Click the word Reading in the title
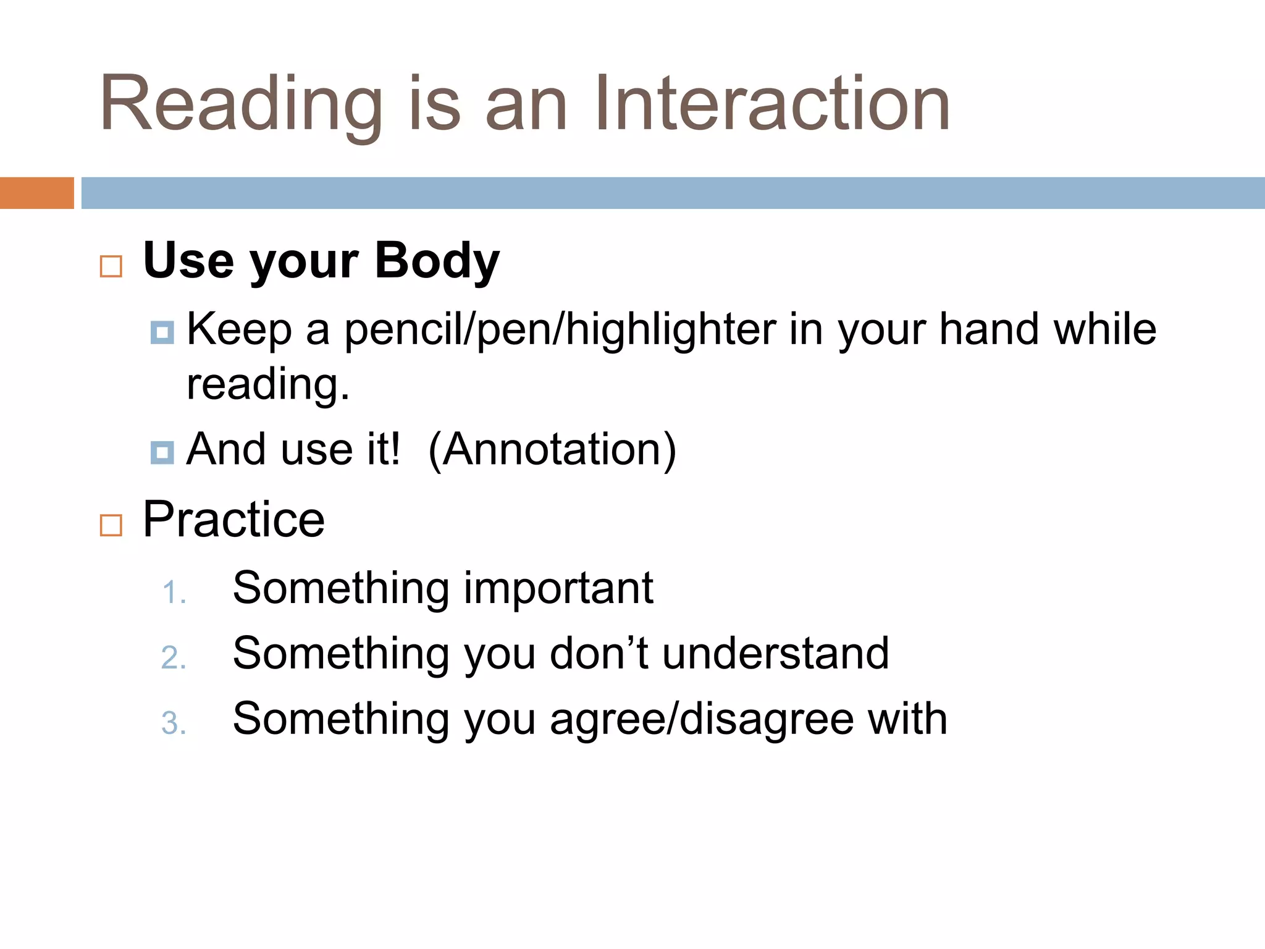(x=241, y=104)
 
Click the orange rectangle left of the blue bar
(x=36, y=193)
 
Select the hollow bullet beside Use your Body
(x=111, y=266)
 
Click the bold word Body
(x=437, y=261)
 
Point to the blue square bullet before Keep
(x=162, y=332)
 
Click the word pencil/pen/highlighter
(x=560, y=329)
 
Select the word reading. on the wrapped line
(x=268, y=384)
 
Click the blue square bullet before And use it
(x=162, y=452)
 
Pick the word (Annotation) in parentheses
(x=552, y=449)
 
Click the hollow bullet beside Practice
(x=111, y=525)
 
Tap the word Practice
(x=233, y=520)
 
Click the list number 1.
(x=173, y=593)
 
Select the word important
(x=558, y=588)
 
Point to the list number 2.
(x=173, y=657)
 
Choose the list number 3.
(x=173, y=723)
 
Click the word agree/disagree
(x=702, y=720)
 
